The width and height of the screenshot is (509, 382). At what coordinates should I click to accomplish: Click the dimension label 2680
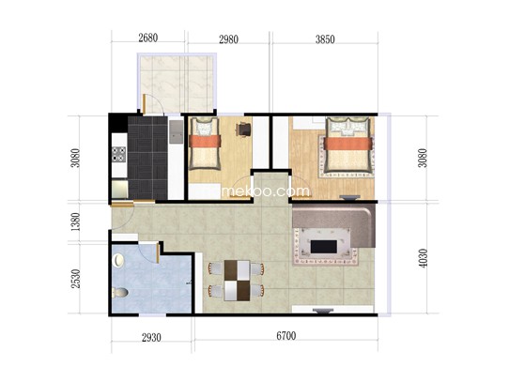pyautogui.click(x=148, y=38)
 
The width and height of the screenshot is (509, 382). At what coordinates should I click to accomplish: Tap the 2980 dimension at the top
pyautogui.click(x=228, y=39)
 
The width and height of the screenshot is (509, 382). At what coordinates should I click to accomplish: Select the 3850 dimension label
pyautogui.click(x=325, y=39)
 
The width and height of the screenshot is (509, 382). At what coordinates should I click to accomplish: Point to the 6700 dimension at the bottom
pyautogui.click(x=286, y=336)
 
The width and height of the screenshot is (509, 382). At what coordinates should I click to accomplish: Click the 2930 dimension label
pyautogui.click(x=151, y=338)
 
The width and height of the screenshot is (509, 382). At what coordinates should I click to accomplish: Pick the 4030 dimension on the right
pyautogui.click(x=423, y=258)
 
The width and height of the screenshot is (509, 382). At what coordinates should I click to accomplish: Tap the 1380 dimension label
pyautogui.click(x=75, y=222)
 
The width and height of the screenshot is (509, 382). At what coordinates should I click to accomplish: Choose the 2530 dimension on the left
pyautogui.click(x=75, y=279)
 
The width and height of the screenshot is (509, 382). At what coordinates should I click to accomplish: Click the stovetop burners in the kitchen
pyautogui.click(x=119, y=154)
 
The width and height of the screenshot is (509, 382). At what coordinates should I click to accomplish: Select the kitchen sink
pyautogui.click(x=177, y=131)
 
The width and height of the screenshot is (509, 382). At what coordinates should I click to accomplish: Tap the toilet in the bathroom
pyautogui.click(x=120, y=292)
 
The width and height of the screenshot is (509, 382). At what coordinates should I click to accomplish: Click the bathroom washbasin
pyautogui.click(x=118, y=260)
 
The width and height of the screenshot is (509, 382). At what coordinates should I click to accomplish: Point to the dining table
pyautogui.click(x=237, y=281)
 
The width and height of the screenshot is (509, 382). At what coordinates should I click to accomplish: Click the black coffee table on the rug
pyautogui.click(x=323, y=247)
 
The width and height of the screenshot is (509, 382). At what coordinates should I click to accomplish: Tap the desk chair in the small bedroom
pyautogui.click(x=244, y=130)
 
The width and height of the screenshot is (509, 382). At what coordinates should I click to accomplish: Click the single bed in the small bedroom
pyautogui.click(x=205, y=144)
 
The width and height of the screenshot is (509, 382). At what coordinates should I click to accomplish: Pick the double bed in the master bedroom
pyautogui.click(x=348, y=145)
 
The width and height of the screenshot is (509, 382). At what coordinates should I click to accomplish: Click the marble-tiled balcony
pyautogui.click(x=177, y=84)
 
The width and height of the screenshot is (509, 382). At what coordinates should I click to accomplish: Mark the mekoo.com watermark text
pyautogui.click(x=266, y=191)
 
